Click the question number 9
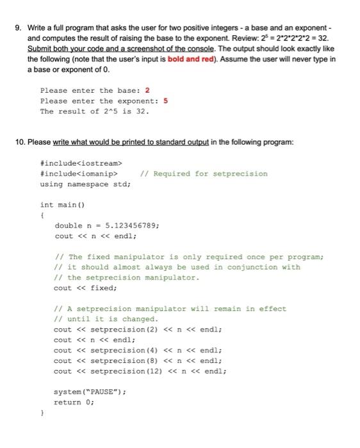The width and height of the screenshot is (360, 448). [x=18, y=28]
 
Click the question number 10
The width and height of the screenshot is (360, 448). [x=20, y=142]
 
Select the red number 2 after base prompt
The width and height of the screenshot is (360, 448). [x=147, y=90]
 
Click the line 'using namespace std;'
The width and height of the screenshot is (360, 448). [x=85, y=184]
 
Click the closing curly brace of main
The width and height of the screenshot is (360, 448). [x=42, y=413]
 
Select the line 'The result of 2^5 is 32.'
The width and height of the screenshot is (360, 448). [x=95, y=111]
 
